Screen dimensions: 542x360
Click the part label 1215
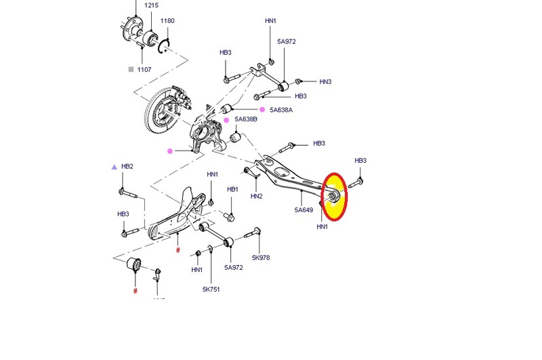point(151,5)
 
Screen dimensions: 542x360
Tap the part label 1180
point(167,21)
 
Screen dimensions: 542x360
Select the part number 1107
point(144,70)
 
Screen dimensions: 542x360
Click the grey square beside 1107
point(131,69)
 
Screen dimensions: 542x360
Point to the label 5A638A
point(281,110)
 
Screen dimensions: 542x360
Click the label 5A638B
point(246,119)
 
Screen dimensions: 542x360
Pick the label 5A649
point(304,210)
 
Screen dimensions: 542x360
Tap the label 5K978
point(261,258)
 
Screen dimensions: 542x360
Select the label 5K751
point(211,289)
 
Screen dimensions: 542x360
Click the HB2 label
point(127,166)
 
